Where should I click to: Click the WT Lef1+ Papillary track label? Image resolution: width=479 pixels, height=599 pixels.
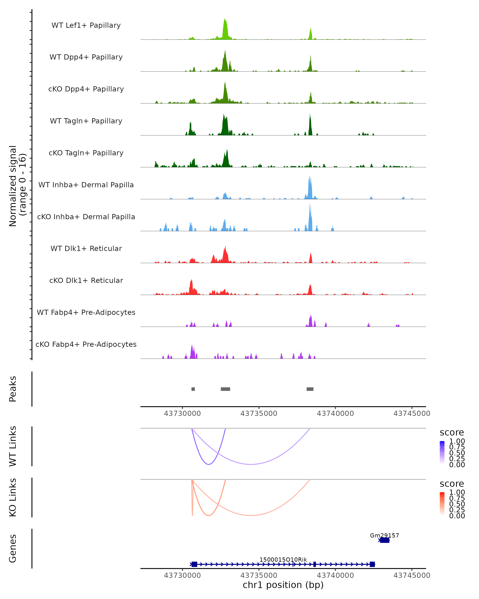(86, 25)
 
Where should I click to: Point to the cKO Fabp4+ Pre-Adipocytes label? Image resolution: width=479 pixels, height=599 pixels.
(86, 344)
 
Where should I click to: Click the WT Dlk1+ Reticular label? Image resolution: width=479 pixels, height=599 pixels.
(86, 248)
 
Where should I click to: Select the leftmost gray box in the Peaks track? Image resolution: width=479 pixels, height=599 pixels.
(193, 389)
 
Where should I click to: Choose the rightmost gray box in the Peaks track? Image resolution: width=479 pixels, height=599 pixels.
(310, 389)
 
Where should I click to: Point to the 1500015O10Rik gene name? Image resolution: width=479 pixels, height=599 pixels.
(283, 559)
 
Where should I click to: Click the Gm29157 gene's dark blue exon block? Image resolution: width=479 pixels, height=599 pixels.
(385, 540)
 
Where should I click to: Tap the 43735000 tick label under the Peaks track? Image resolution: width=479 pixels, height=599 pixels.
(258, 414)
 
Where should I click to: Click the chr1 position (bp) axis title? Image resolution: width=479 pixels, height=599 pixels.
(283, 585)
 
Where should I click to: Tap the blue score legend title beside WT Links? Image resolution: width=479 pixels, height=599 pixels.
(451, 433)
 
